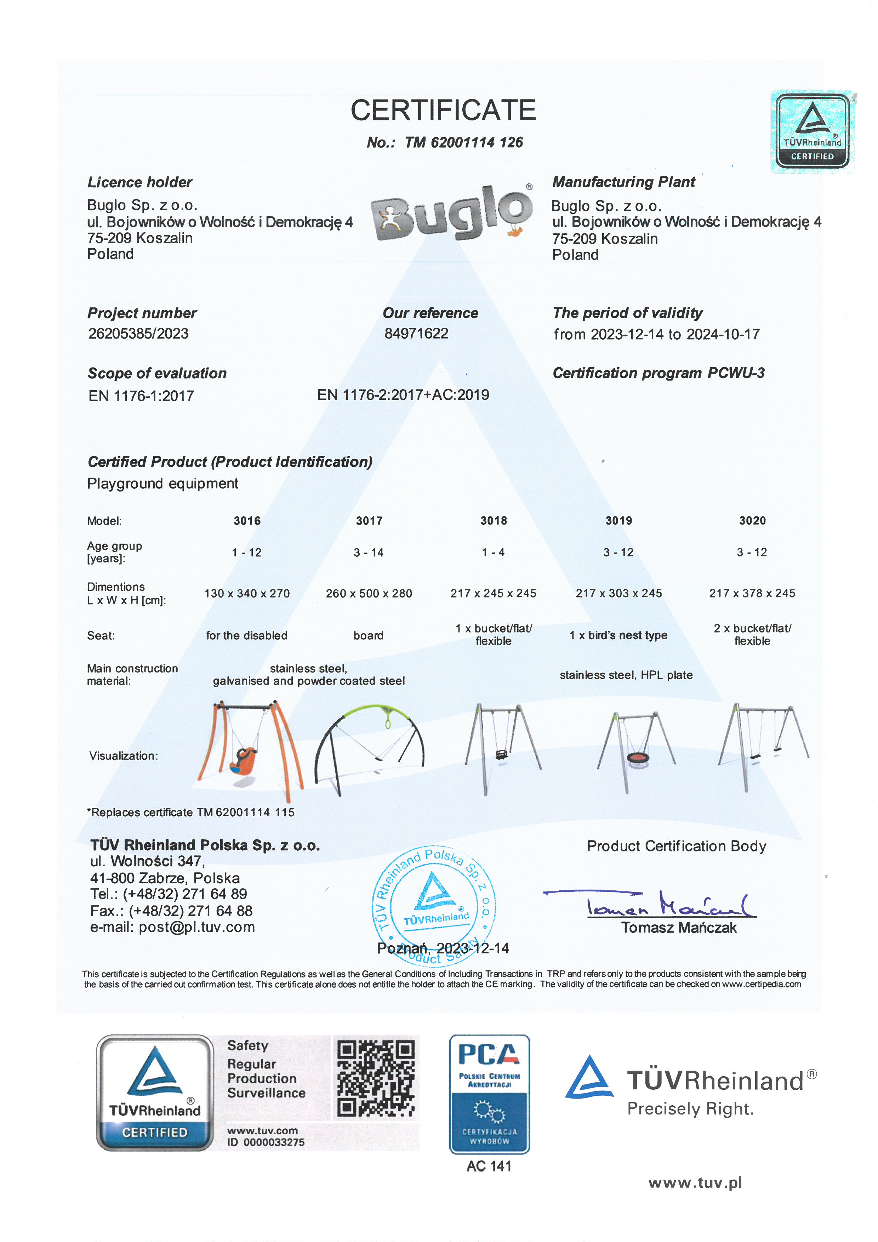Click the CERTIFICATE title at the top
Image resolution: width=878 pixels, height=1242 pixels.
[443, 110]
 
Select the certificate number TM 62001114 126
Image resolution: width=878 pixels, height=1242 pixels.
[463, 142]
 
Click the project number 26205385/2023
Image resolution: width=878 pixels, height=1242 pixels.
[138, 333]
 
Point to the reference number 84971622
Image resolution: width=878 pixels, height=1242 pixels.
[416, 333]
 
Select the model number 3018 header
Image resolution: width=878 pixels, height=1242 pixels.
[494, 520]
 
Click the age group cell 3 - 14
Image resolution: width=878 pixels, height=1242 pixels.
[369, 552]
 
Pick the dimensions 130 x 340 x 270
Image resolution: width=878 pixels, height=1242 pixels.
[247, 594]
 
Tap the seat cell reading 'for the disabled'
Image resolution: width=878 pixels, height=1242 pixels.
[246, 636]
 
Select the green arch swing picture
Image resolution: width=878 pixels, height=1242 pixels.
[370, 747]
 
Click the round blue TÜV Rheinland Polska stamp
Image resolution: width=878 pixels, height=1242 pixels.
[434, 906]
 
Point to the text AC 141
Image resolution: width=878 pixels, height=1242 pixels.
[489, 1166]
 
